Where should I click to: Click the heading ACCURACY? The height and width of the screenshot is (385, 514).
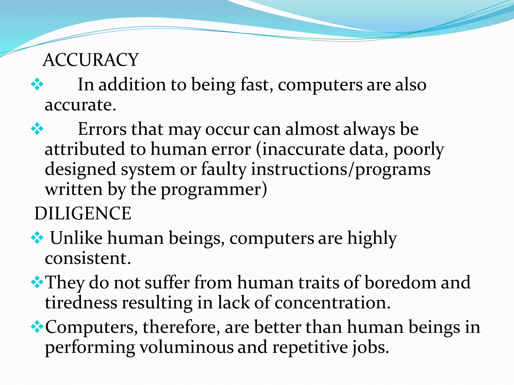91,60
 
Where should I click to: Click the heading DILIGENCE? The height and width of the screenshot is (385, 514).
83,214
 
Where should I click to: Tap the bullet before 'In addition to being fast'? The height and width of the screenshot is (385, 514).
37,84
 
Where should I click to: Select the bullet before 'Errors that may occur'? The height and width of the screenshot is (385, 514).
37,129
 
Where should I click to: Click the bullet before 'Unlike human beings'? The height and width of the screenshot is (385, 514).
37,238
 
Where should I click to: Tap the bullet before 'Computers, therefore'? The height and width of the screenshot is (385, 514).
37,327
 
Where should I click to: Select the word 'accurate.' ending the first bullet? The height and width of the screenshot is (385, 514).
80,105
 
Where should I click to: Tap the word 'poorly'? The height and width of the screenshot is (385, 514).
418,150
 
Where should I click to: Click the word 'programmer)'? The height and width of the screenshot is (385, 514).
214,190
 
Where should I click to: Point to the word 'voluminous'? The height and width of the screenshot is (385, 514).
186,348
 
